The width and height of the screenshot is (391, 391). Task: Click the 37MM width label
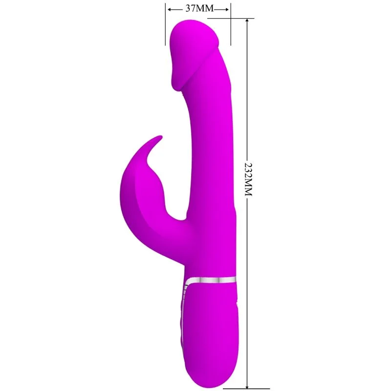[x=198, y=8]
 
